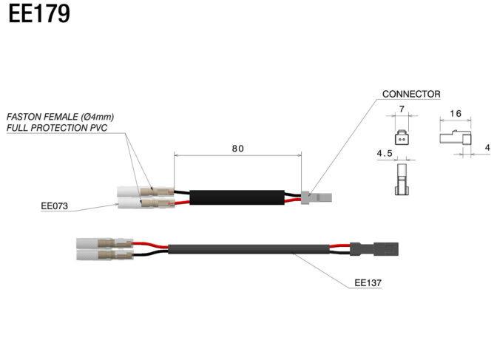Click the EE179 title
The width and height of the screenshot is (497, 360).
39,13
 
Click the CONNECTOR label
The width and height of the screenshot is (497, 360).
411,94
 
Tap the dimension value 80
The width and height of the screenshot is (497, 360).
237,149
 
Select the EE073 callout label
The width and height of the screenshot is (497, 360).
54,206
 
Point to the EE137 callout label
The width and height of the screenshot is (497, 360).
368,282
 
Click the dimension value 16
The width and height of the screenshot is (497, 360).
456,113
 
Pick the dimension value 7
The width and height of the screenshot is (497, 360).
402,109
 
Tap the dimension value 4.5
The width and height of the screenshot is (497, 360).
385,154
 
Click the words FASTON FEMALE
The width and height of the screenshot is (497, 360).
42,117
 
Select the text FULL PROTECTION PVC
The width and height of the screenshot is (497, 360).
57,128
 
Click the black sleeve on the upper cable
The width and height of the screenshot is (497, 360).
237,197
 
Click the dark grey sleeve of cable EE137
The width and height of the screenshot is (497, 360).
248,249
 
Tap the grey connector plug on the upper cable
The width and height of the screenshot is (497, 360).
316,197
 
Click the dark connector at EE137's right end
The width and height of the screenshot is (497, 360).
374,249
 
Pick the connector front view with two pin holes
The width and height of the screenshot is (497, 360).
402,137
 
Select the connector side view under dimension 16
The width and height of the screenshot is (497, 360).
455,138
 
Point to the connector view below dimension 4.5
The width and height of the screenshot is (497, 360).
402,180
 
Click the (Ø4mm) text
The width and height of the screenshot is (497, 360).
98,117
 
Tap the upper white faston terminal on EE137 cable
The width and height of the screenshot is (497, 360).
104,244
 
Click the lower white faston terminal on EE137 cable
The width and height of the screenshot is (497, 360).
104,254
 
